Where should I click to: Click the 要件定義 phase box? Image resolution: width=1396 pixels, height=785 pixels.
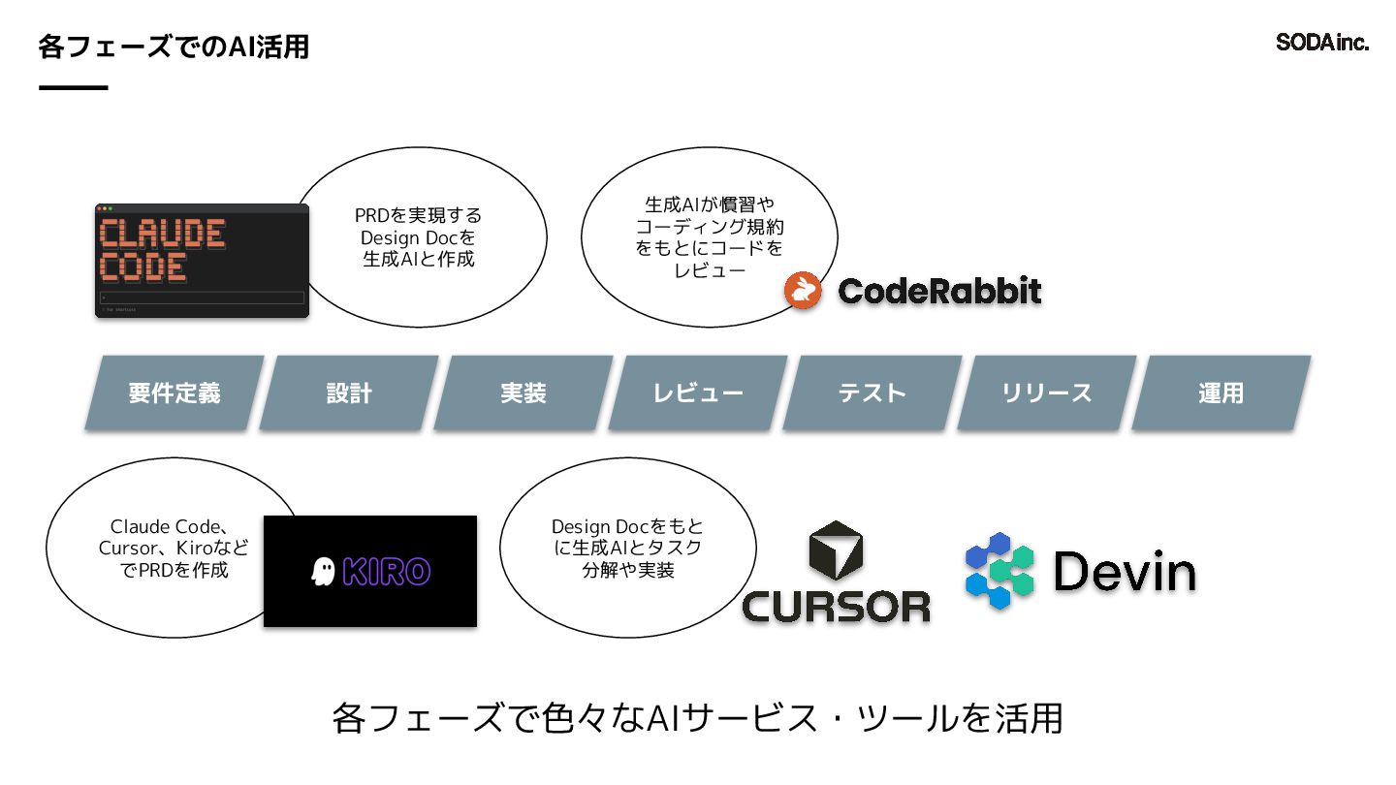[174, 392]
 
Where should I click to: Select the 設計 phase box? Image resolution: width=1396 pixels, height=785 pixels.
[349, 392]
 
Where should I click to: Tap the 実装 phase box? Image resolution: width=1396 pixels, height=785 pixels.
[523, 392]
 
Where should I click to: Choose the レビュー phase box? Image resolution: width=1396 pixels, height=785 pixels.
[698, 392]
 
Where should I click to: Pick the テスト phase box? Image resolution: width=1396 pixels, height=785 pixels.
[872, 392]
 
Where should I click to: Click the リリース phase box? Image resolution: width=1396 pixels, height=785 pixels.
[1047, 392]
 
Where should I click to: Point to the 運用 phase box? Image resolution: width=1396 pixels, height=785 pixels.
[1221, 392]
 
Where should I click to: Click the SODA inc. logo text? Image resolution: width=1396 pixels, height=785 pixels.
[1322, 43]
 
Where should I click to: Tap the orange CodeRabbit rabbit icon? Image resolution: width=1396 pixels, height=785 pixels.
[803, 291]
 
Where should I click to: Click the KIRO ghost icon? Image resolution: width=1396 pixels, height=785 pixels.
[322, 571]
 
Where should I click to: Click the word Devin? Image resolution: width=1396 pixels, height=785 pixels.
[1125, 572]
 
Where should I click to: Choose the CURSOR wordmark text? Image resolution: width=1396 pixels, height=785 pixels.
[836, 607]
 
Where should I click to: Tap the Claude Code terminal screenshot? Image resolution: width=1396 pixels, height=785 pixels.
[202, 260]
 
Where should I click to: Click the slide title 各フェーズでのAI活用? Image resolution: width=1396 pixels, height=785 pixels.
[174, 46]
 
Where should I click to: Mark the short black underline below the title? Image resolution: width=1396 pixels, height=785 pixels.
[73, 88]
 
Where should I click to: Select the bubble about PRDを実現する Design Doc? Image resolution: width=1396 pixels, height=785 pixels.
[419, 237]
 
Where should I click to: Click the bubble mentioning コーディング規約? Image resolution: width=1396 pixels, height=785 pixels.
[709, 237]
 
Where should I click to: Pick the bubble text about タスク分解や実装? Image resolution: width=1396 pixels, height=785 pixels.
[627, 549]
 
